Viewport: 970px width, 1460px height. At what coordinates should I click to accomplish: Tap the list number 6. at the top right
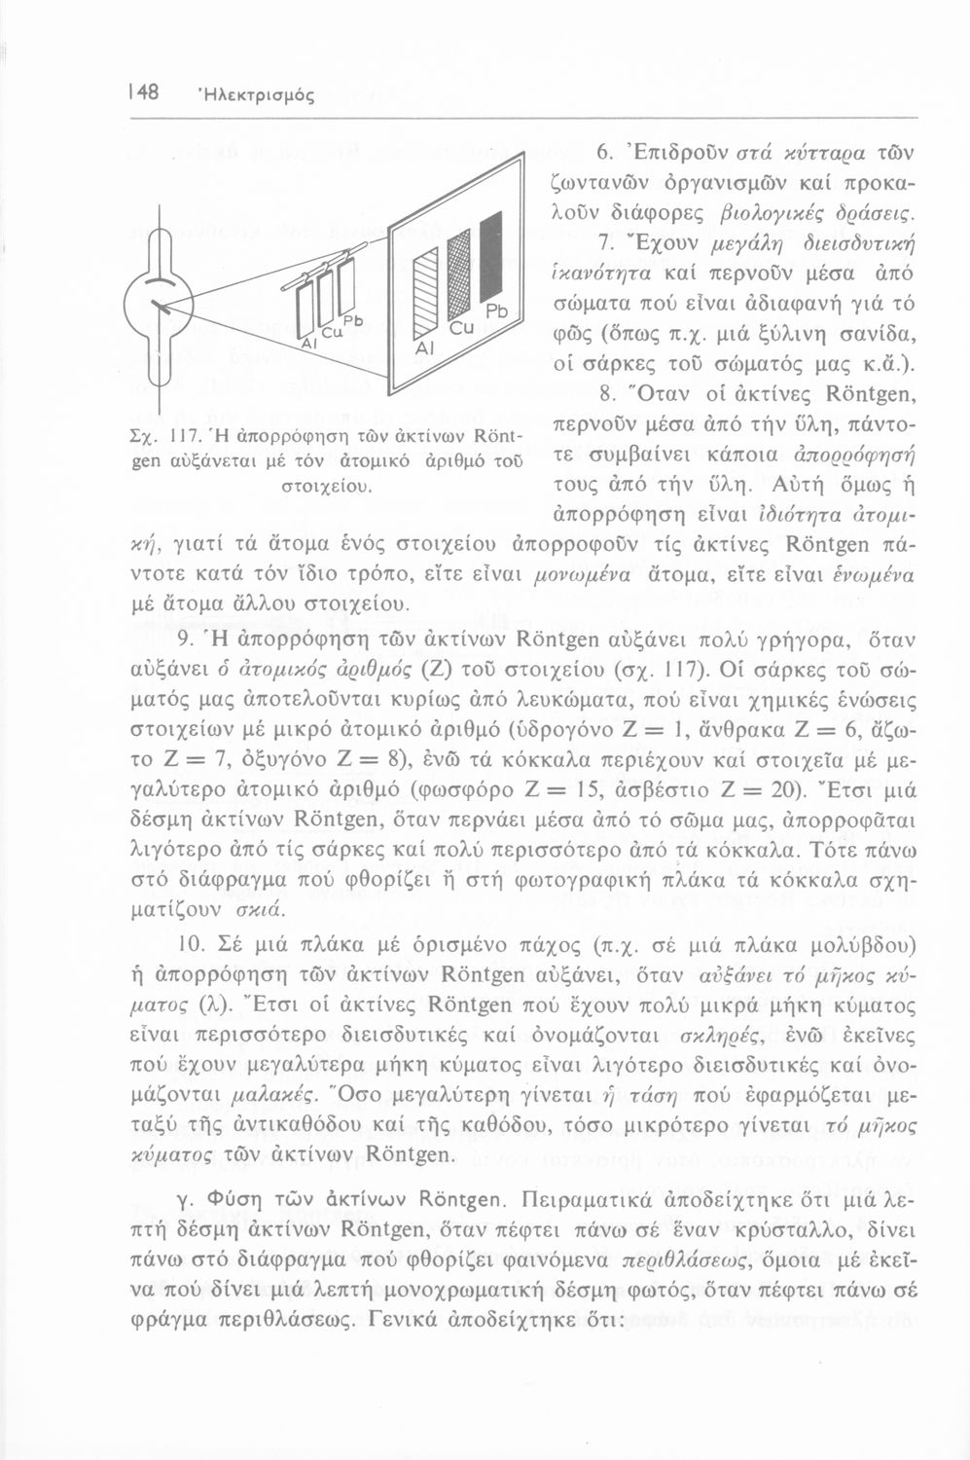pyautogui.click(x=603, y=153)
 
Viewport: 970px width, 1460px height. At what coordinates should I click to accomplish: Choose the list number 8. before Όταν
pyautogui.click(x=603, y=394)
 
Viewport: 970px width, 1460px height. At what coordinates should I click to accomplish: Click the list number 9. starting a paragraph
pyautogui.click(x=190, y=639)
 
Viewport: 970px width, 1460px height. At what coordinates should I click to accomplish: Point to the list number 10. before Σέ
pyautogui.click(x=190, y=944)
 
